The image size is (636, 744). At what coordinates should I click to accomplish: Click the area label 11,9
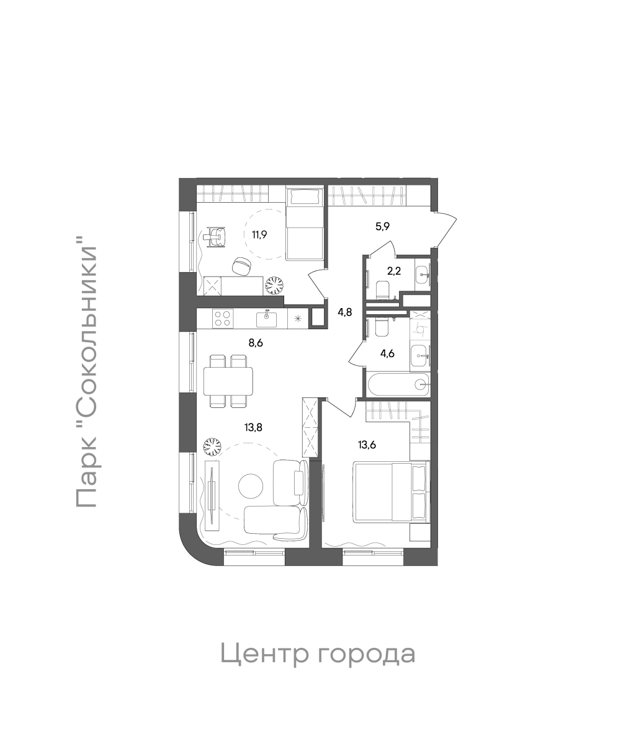pyautogui.click(x=259, y=234)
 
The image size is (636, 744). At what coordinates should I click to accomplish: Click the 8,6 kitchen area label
pyautogui.click(x=256, y=342)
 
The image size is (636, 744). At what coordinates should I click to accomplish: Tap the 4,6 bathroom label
pyautogui.click(x=387, y=354)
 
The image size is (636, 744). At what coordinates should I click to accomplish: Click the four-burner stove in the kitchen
pyautogui.click(x=222, y=319)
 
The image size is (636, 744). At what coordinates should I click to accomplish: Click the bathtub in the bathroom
pyautogui.click(x=398, y=384)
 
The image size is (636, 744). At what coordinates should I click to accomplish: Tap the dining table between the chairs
pyautogui.click(x=228, y=381)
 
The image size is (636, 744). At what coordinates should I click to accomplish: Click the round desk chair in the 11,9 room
pyautogui.click(x=241, y=266)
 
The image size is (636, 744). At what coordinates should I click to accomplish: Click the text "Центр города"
pyautogui.click(x=317, y=653)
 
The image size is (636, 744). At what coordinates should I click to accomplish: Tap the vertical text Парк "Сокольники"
pyautogui.click(x=86, y=376)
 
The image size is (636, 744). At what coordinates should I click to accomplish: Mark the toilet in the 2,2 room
pyautogui.click(x=383, y=290)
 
